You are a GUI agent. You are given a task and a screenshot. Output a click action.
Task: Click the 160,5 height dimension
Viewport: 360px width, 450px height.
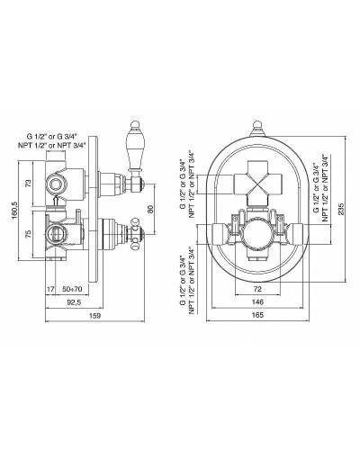click(15, 211)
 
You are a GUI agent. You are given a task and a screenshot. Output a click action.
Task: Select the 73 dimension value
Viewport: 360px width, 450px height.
click(29, 184)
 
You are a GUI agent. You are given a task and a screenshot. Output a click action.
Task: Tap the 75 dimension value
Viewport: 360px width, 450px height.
click(29, 234)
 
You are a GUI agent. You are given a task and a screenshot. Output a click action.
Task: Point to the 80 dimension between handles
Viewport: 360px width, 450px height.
click(150, 209)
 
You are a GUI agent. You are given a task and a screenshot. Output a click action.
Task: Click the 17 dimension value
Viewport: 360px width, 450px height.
click(50, 290)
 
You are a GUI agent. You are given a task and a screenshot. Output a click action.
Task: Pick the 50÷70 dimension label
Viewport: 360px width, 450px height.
click(72, 290)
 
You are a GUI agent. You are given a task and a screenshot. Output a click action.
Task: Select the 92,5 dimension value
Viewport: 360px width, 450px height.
click(74, 302)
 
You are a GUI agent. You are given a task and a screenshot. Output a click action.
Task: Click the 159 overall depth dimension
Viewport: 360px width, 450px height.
click(94, 315)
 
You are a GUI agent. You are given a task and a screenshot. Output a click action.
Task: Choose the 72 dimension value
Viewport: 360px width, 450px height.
click(257, 289)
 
